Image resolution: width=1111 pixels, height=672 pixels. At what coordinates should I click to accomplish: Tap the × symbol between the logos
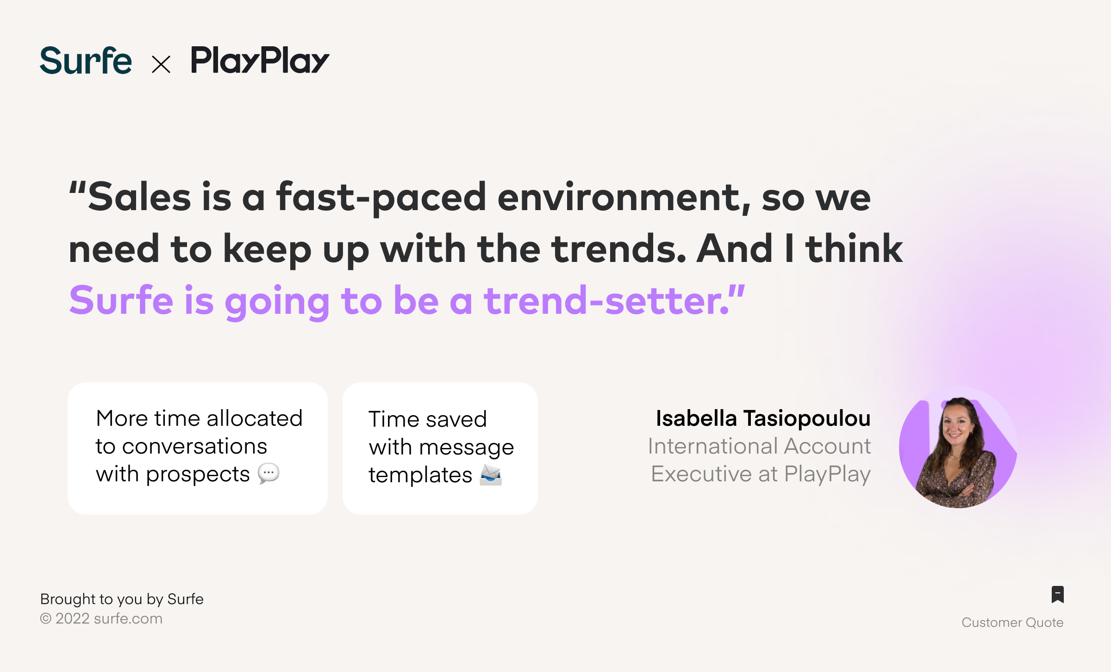[x=161, y=64]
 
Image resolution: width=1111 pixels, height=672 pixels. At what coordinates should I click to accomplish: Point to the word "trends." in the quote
[x=619, y=249]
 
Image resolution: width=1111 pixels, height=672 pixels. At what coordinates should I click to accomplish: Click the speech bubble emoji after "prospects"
[x=268, y=474]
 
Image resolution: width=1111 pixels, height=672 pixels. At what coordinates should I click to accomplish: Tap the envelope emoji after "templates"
[x=491, y=475]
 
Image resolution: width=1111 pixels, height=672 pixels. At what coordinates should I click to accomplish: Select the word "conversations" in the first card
[x=195, y=446]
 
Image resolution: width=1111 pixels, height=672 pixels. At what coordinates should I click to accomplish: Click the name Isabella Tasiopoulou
[x=763, y=418]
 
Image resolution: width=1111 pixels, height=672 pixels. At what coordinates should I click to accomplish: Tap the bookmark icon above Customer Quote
[x=1058, y=594]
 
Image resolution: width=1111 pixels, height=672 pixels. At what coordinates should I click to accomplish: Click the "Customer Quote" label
[x=1012, y=622]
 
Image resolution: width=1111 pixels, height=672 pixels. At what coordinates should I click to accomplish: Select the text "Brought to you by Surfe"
[x=122, y=599]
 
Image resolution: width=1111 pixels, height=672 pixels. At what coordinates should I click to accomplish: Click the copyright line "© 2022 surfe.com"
[x=101, y=619]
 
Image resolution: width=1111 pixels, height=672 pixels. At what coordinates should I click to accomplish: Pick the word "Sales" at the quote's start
[x=139, y=198]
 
